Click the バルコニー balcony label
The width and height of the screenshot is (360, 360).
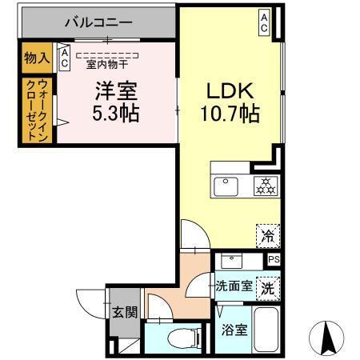tap(98, 22)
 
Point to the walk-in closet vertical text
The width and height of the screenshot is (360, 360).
tap(36, 111)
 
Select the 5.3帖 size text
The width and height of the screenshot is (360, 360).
tap(115, 114)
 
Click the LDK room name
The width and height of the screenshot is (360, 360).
tap(230, 90)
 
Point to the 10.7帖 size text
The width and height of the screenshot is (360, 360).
tap(230, 114)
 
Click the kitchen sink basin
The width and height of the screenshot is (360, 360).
tap(224, 187)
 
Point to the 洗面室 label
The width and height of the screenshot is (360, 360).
tap(234, 286)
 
